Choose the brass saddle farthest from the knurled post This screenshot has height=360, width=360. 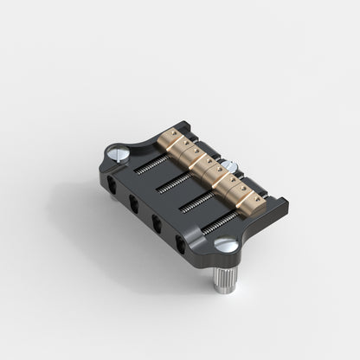170,138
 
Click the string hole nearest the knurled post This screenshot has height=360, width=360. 180,243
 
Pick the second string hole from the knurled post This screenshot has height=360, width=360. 157,224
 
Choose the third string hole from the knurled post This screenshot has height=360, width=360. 135,205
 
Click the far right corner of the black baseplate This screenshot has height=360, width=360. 286,206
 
